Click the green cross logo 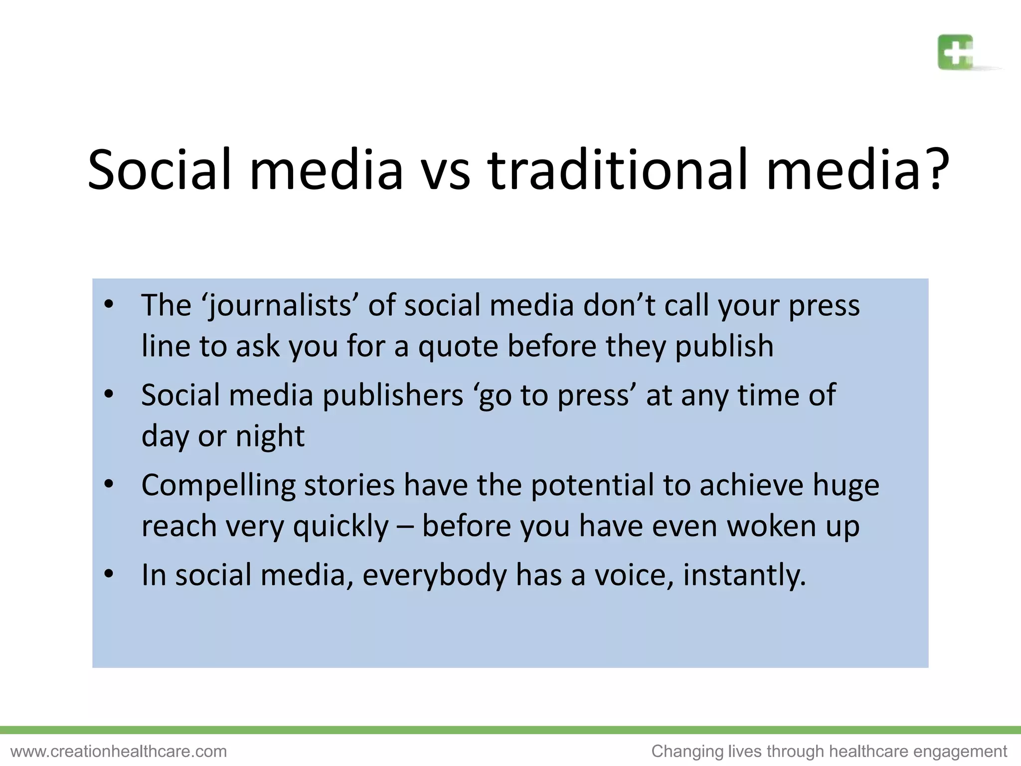(955, 52)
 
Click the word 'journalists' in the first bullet (281, 305)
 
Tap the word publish (724, 346)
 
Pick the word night (270, 436)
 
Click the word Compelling (218, 486)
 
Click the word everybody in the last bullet (434, 575)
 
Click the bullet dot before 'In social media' (109, 574)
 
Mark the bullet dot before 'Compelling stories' (109, 484)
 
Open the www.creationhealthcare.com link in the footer (119, 751)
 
